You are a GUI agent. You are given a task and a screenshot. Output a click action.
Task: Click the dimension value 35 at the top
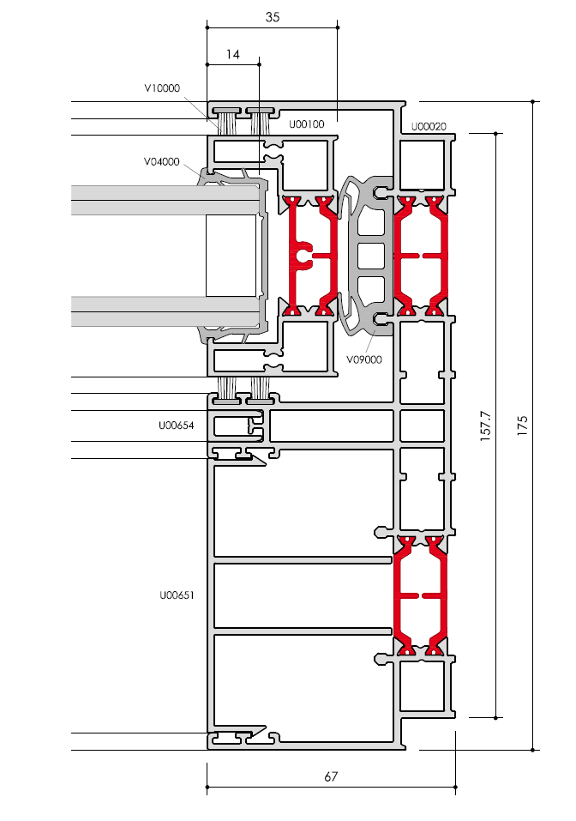tap(272, 17)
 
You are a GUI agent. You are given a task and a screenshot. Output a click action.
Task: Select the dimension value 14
tap(233, 54)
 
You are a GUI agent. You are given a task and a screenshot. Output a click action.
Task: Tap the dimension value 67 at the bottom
tap(331, 776)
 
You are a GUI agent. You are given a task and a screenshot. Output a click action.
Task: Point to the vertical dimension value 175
tap(522, 426)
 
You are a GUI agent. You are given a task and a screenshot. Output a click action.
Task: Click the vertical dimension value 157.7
tap(485, 426)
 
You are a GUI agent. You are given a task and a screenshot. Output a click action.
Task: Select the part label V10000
tap(162, 88)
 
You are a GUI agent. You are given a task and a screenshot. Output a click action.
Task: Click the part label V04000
tap(162, 162)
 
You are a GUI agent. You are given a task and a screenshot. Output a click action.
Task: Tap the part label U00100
tap(307, 124)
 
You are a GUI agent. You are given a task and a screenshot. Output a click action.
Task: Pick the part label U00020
tap(429, 126)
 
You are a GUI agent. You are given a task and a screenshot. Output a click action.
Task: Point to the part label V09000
tap(364, 359)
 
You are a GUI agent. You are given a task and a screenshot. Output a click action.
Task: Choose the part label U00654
tap(177, 426)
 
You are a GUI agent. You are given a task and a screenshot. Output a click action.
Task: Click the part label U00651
tap(177, 595)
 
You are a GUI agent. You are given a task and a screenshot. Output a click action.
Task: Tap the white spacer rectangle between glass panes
tap(231, 256)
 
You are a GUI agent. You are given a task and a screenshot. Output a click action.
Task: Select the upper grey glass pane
tap(165, 200)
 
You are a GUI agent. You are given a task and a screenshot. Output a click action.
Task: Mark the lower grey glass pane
tap(165, 311)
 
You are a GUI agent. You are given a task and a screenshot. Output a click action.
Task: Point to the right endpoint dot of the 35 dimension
tap(338, 27)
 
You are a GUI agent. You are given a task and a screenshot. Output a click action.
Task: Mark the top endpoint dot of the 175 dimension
tap(532, 101)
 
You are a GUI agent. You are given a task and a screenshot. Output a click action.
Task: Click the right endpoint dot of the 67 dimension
tap(455, 787)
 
